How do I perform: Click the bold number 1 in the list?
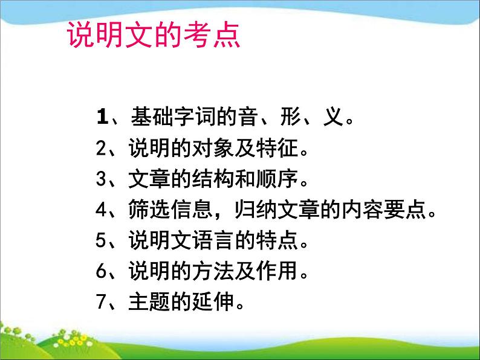(101, 116)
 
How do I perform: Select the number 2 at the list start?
(101, 147)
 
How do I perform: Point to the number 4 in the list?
(101, 210)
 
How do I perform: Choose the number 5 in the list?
(101, 241)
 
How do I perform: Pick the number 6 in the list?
(101, 272)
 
